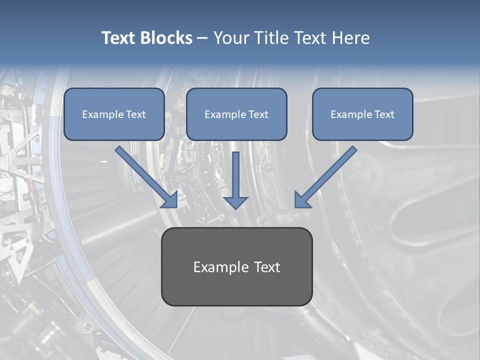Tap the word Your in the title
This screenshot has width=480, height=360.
coord(231,38)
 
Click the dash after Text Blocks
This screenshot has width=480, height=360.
coord(202,38)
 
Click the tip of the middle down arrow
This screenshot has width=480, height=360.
coord(235,207)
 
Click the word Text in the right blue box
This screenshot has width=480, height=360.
coord(385,114)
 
